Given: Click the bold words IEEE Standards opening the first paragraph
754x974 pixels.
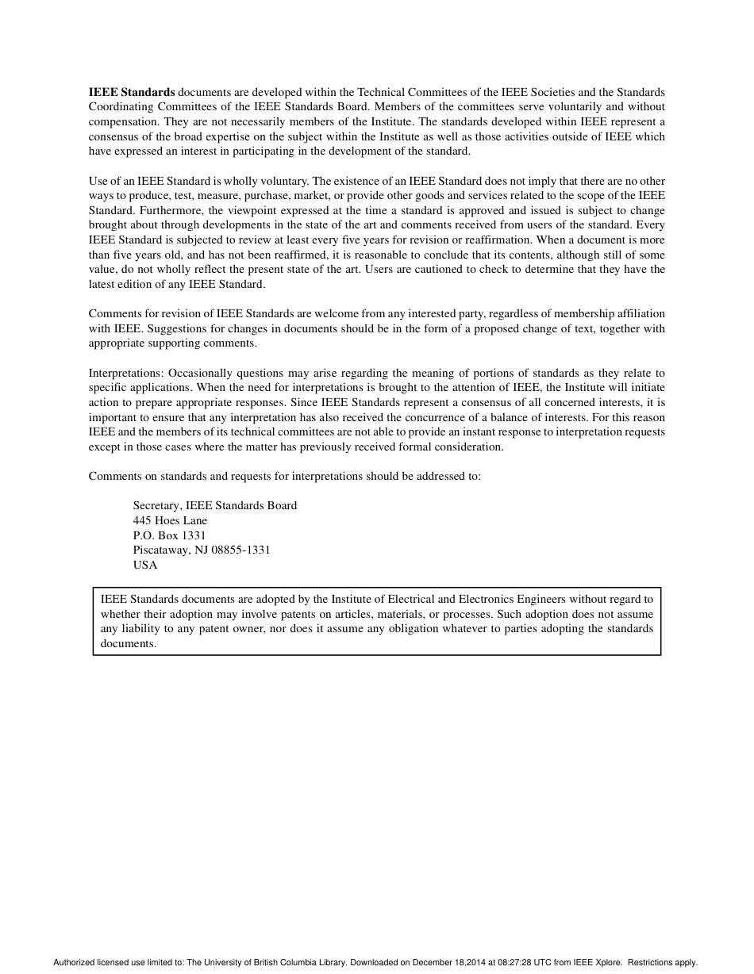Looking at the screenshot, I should tap(132, 92).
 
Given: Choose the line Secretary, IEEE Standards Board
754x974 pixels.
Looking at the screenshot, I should tap(215, 505).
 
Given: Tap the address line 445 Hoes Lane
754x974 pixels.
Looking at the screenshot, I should tap(170, 520).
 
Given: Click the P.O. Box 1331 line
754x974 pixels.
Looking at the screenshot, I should tap(169, 535).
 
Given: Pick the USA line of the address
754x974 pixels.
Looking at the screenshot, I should tap(145, 565).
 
